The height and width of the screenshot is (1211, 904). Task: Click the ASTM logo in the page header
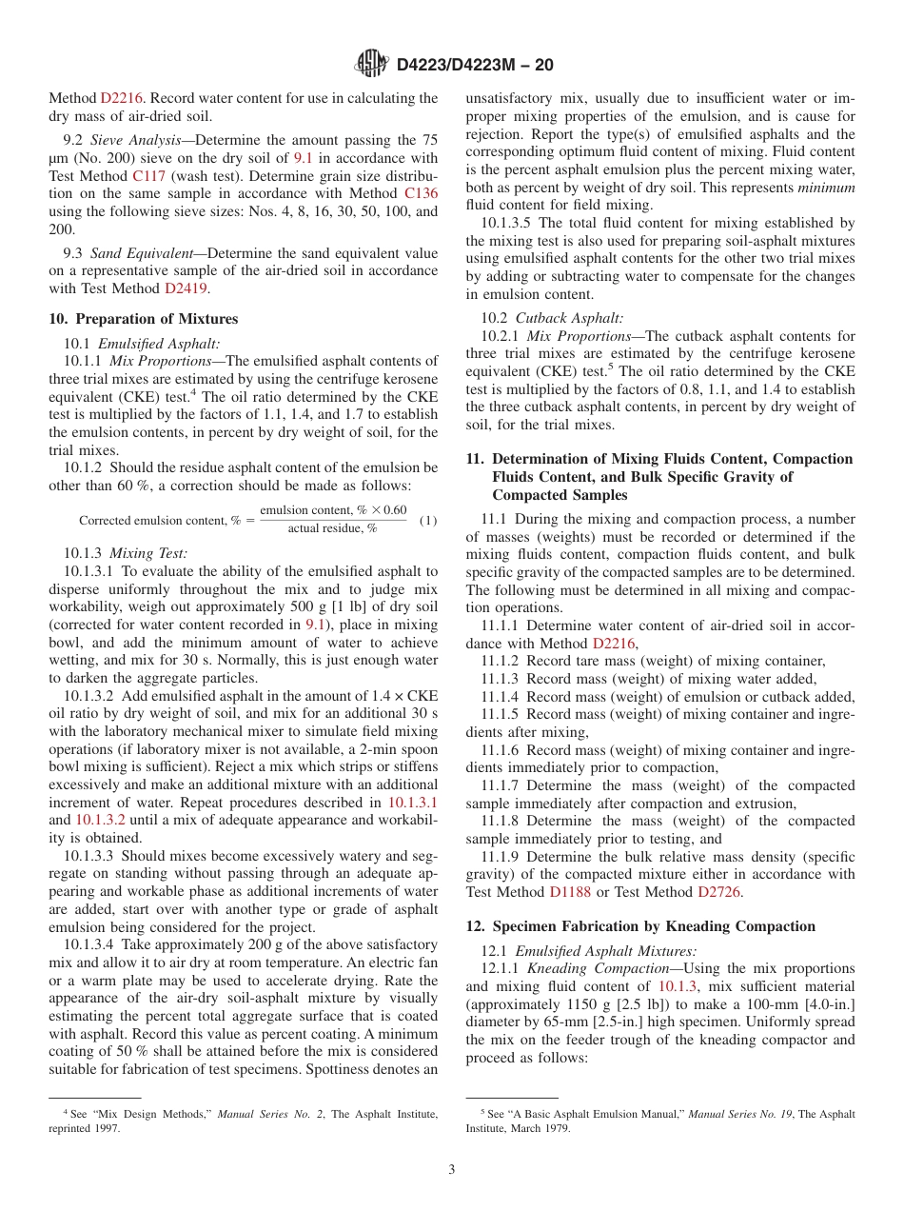point(371,65)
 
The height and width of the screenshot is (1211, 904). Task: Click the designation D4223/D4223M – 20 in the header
point(474,66)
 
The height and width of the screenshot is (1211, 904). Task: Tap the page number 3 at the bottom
point(452,1170)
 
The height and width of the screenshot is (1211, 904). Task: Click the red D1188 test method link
point(570,892)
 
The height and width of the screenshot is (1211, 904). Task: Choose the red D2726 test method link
point(718,892)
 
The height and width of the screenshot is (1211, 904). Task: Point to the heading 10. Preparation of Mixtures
point(144,319)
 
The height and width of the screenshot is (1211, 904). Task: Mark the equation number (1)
point(428,521)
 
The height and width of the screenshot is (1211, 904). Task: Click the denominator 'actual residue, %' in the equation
point(332,529)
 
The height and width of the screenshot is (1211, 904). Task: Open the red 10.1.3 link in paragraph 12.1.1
point(678,986)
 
